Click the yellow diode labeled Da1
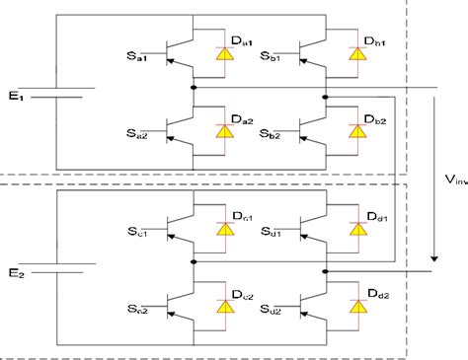click(226, 55)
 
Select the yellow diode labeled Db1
click(353, 55)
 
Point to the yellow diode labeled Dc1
click(226, 230)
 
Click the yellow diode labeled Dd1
click(353, 230)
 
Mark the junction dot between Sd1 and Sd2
click(325, 269)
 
